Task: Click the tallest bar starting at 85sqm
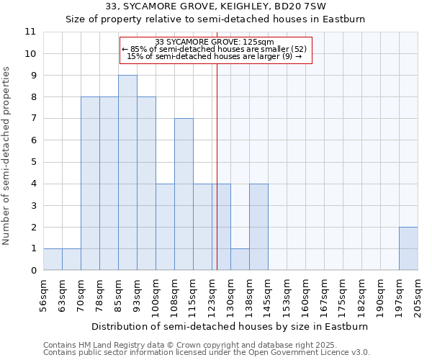[x=127, y=173]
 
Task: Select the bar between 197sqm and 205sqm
[x=408, y=248]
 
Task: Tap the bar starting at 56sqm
[x=53, y=259]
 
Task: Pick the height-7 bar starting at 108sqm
[x=184, y=194]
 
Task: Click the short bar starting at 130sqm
[x=240, y=259]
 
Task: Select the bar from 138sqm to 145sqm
[x=258, y=227]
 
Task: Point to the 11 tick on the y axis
[x=30, y=32]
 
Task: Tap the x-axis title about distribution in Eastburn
[x=230, y=326]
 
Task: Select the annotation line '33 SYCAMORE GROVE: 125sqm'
[x=215, y=42]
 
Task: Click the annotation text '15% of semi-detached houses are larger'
[x=214, y=56]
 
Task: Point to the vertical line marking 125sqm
[x=217, y=166]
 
